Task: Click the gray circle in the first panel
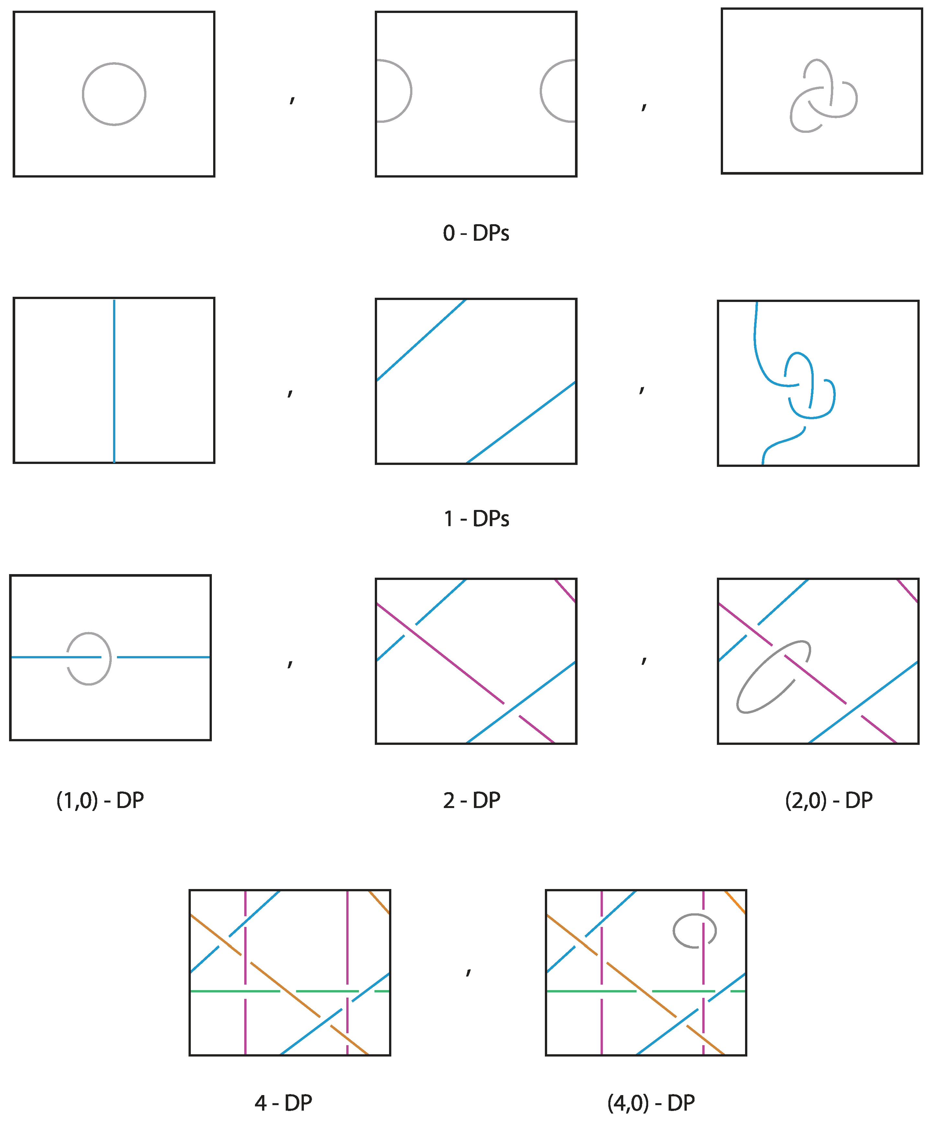pyautogui.click(x=83, y=94)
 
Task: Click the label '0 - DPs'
pyautogui.click(x=476, y=233)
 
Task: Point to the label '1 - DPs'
pyautogui.click(x=476, y=519)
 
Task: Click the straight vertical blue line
pyautogui.click(x=114, y=381)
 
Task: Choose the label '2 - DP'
pyautogui.click(x=471, y=801)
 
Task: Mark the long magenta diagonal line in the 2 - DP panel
pyautogui.click(x=465, y=673)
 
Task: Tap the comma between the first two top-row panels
pyautogui.click(x=292, y=100)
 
